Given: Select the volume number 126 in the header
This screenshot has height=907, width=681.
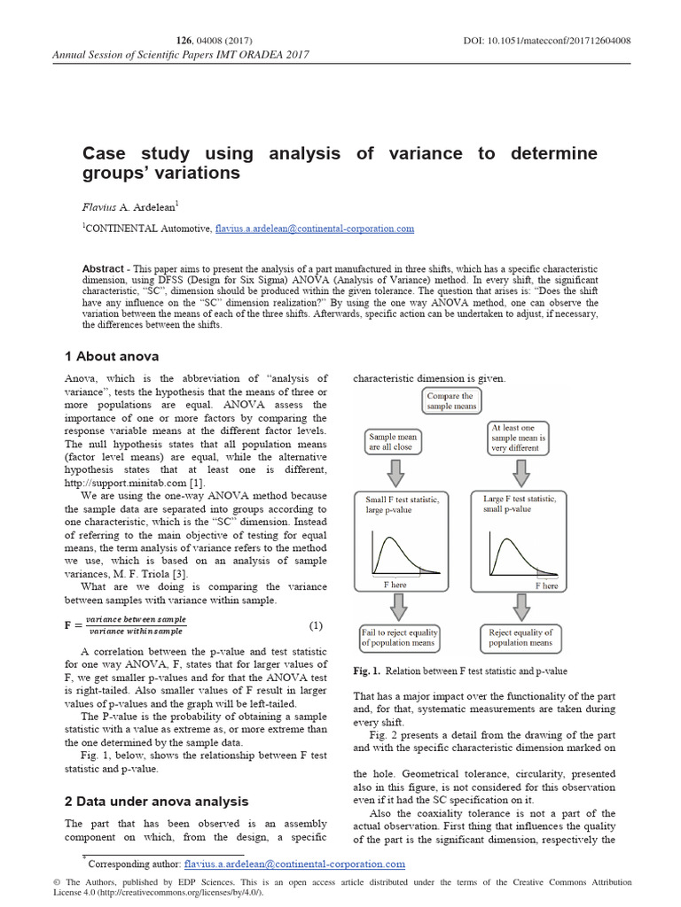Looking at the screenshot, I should pos(185,40).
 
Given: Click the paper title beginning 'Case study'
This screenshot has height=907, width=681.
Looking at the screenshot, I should pos(340,163).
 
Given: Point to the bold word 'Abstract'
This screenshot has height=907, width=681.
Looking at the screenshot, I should pos(103,268).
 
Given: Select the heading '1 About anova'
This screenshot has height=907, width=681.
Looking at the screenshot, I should pos(112,356).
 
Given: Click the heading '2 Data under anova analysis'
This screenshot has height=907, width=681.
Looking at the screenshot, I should pos(156,801).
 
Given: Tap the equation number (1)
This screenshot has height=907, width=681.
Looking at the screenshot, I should pos(317,625).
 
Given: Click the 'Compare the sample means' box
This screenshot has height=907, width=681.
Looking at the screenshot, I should pos(450,401).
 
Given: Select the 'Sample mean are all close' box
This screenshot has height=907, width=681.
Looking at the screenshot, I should pos(391,442).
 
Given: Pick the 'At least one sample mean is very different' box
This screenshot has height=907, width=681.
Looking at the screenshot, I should pos(519,438).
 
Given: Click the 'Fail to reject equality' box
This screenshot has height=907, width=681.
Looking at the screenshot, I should pos(399,638).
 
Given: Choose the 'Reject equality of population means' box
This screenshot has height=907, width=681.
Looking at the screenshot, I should pos(520,638).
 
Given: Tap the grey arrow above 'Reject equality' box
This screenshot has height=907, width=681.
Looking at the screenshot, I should pos(520,607).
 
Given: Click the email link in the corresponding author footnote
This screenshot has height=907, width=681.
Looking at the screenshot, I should pos(294,864).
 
